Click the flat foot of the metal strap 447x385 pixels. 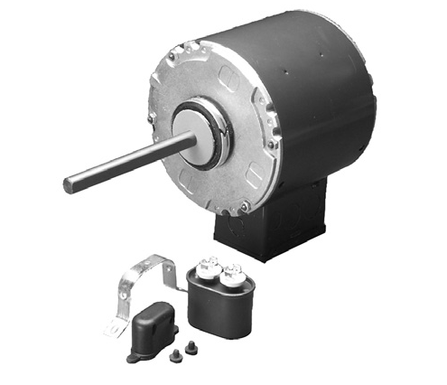click(x=115, y=327)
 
